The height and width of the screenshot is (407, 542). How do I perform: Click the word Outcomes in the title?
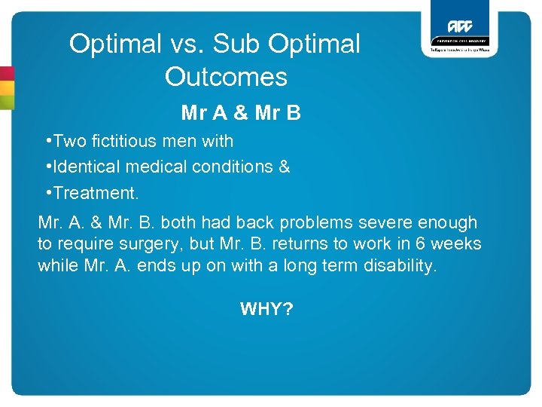(x=226, y=76)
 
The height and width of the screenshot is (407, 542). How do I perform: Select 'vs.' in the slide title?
(x=186, y=44)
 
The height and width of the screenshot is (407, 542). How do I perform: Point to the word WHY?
(x=266, y=308)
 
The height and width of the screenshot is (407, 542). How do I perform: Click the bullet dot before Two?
(x=48, y=140)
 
